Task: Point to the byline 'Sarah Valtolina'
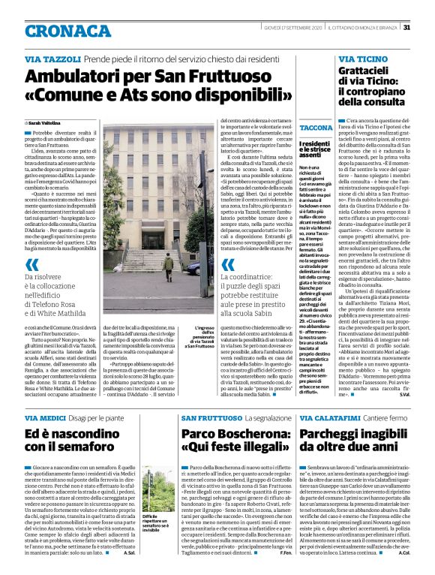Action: (x=45, y=122)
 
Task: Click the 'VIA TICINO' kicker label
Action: (x=363, y=59)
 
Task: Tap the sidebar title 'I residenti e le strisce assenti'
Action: (x=302, y=151)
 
